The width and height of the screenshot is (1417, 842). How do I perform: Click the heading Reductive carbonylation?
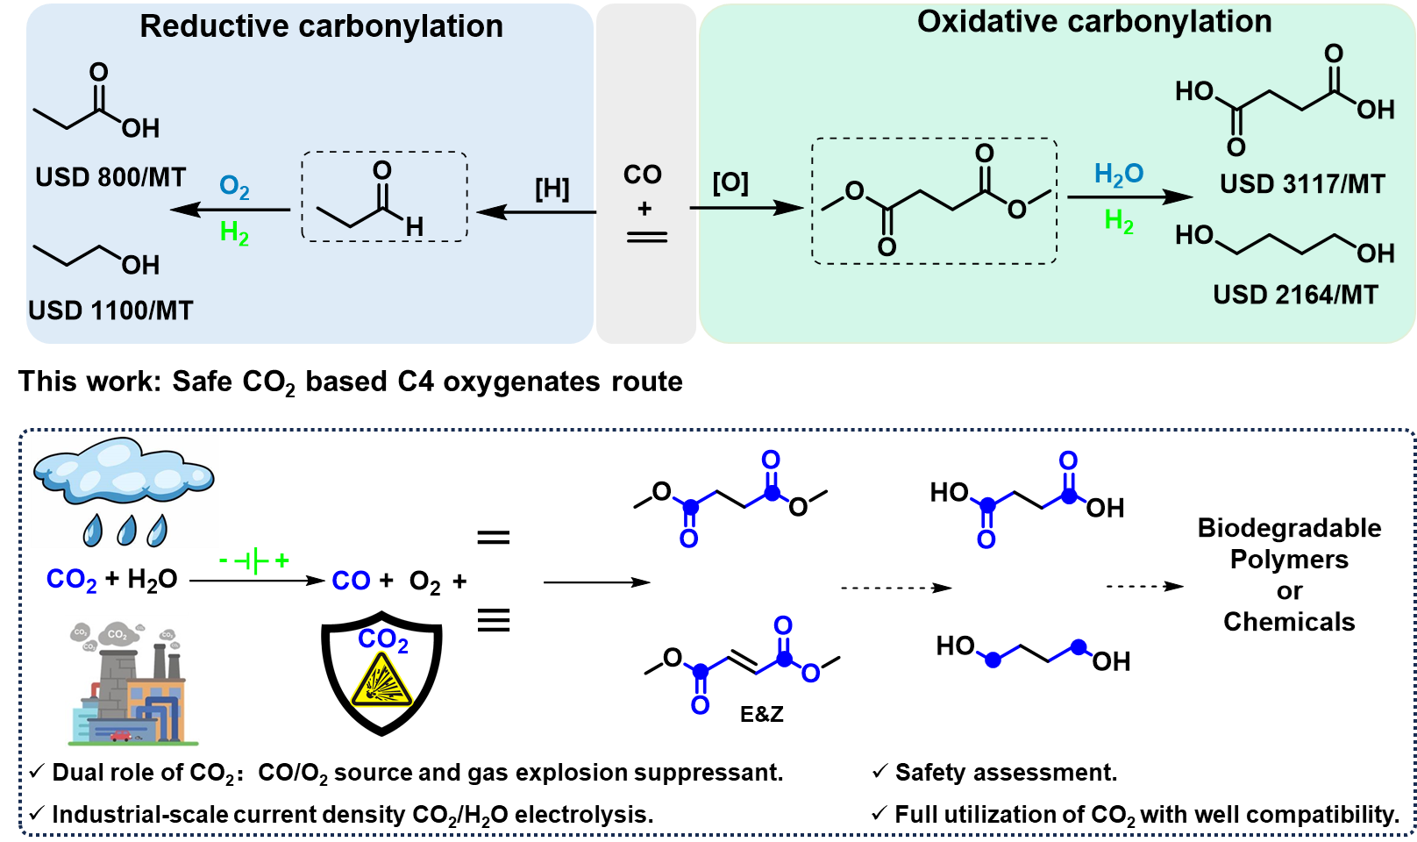321,26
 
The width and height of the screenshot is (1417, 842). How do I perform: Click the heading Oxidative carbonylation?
1093,22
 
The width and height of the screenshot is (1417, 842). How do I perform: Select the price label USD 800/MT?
110,177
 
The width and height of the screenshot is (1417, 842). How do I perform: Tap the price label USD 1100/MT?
110,310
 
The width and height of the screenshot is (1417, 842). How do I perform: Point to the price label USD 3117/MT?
1302,184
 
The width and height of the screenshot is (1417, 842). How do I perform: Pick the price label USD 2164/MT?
1295,295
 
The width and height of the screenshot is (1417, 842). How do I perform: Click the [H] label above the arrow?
552,189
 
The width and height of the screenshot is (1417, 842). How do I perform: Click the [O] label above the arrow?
730,183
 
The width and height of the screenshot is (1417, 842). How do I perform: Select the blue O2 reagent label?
234,187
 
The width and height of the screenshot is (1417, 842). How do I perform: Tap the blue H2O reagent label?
1119,174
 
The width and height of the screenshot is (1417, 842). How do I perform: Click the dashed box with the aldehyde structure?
384,196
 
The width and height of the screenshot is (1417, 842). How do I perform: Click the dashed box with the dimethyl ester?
934,201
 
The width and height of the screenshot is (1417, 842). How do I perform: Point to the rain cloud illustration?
125,491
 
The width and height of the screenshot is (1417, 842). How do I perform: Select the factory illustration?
132,682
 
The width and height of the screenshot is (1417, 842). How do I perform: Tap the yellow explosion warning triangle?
382,681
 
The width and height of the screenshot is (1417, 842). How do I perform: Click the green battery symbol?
254,560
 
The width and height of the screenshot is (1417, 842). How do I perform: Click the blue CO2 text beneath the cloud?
71,580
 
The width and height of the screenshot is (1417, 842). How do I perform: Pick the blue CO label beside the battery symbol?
352,581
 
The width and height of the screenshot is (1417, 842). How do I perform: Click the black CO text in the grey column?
643,175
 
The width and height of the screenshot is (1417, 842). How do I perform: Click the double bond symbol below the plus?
647,237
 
